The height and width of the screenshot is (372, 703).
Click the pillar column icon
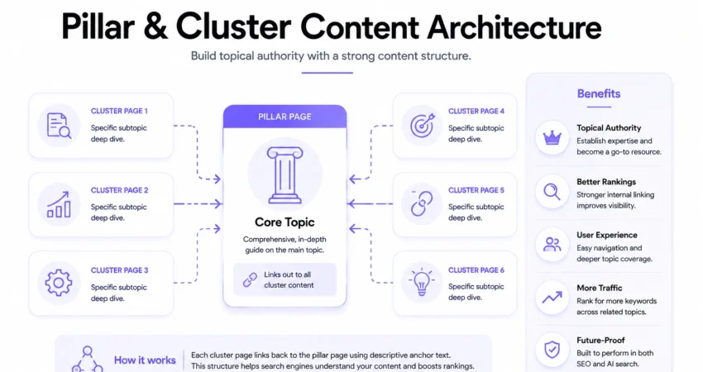tap(285, 175)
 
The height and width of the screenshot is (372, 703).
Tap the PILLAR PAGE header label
tap(285, 117)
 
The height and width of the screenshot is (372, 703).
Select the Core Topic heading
tap(285, 222)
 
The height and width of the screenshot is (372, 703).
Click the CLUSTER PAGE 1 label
tap(119, 111)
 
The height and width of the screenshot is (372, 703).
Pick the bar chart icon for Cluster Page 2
tap(59, 205)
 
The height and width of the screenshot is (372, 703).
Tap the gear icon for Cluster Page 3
tap(58, 283)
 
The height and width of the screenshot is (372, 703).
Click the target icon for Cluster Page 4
tap(422, 125)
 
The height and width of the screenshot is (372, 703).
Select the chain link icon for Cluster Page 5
tap(422, 204)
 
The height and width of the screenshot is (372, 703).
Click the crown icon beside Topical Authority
tap(552, 138)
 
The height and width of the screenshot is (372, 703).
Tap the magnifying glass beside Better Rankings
tap(552, 192)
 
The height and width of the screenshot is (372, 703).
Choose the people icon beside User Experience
tap(552, 245)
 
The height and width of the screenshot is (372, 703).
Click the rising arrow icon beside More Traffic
tap(552, 298)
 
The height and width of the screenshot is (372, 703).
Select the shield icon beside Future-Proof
tap(552, 350)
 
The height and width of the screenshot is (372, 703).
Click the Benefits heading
tap(599, 93)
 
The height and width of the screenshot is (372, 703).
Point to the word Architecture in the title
tap(514, 27)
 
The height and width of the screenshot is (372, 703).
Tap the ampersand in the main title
tap(155, 27)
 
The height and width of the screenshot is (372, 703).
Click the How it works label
tap(145, 360)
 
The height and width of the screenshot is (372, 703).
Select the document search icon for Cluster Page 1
tap(59, 126)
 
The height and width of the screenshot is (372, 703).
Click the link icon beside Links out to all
tap(250, 279)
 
